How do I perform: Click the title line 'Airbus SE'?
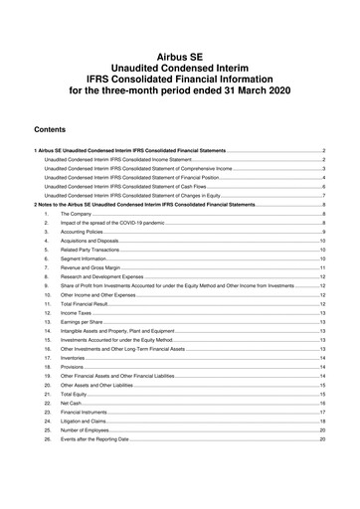point(180,47)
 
